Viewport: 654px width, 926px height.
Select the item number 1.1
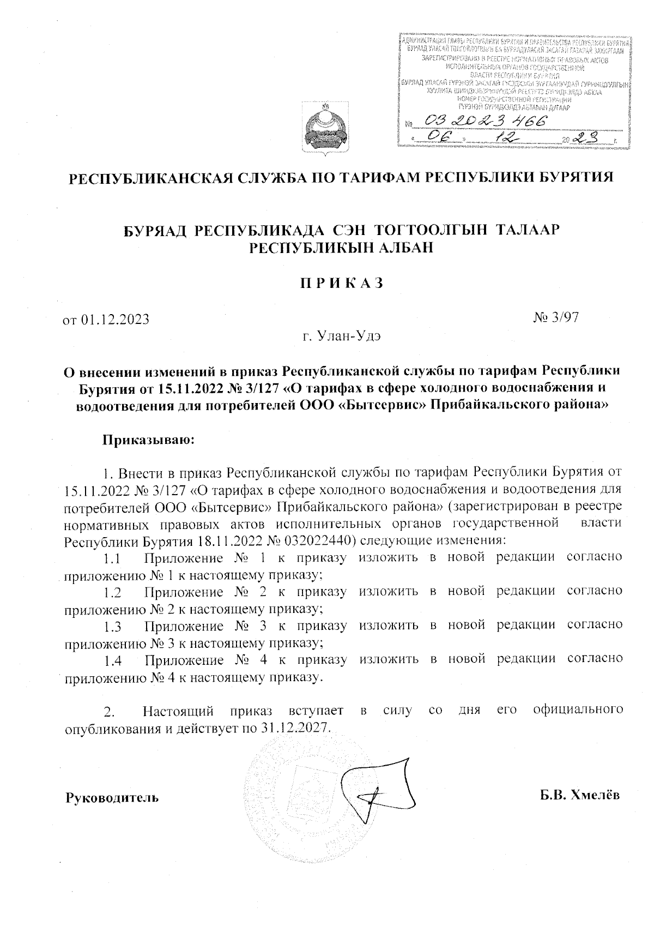(112, 559)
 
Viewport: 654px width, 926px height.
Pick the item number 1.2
(112, 593)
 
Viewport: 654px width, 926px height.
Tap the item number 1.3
(112, 627)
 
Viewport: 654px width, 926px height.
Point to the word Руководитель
(112, 798)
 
